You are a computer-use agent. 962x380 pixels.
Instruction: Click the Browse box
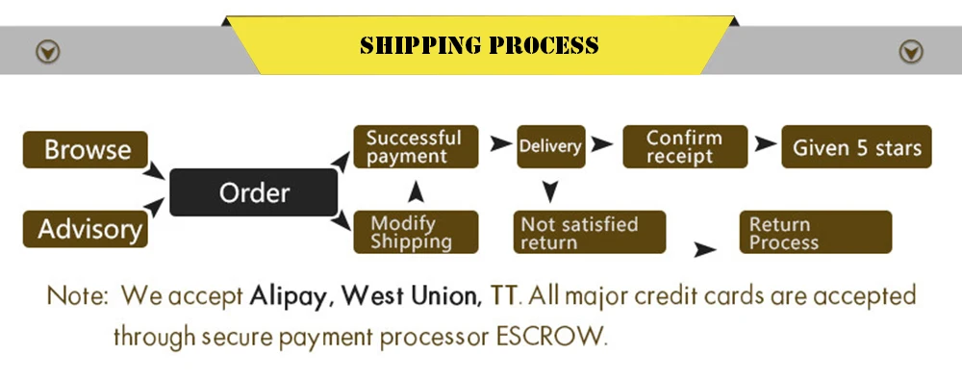click(x=86, y=150)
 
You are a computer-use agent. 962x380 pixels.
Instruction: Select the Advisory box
click(x=86, y=229)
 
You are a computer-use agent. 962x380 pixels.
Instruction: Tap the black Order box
click(x=254, y=192)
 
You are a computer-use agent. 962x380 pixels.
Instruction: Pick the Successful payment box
click(x=415, y=147)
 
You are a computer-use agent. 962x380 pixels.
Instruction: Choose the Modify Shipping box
click(x=415, y=232)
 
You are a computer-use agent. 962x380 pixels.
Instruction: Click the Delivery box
click(x=550, y=146)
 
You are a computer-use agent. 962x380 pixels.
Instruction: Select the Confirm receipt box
click(x=685, y=147)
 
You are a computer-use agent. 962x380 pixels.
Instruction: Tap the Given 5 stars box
click(x=856, y=147)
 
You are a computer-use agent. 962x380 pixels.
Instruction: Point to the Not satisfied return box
click(x=590, y=233)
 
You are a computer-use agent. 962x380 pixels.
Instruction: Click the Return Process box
click(x=814, y=233)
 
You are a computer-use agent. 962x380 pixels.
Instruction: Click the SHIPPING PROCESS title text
click(x=479, y=45)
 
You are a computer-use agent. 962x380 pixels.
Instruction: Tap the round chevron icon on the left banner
click(x=47, y=51)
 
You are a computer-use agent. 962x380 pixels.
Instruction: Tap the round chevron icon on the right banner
click(x=910, y=51)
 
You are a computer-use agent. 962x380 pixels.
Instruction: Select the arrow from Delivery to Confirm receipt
click(x=602, y=144)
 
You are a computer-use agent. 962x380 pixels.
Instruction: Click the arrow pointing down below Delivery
click(x=549, y=191)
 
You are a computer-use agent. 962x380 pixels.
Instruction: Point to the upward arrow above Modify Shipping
click(x=415, y=191)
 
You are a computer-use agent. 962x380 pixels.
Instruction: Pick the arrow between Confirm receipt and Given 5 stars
click(x=765, y=144)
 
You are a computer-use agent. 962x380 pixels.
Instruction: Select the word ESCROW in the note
click(x=554, y=337)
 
